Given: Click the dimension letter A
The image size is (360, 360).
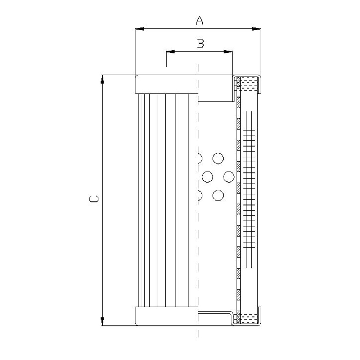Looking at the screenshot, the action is [x=199, y=21].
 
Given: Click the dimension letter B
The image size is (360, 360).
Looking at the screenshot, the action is [x=201, y=44].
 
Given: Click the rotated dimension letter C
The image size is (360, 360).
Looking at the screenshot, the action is [x=94, y=199].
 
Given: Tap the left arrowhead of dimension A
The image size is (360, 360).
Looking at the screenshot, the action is [x=140, y=29].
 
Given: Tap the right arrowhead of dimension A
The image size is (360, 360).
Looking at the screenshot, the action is [x=257, y=29].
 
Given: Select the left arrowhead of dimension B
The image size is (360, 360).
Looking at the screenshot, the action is [x=170, y=51].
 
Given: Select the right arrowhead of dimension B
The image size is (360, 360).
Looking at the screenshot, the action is [x=228, y=51].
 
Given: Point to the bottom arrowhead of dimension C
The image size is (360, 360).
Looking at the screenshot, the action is [x=102, y=321].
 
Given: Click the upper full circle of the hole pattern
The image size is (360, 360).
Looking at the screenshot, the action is [x=218, y=158].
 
